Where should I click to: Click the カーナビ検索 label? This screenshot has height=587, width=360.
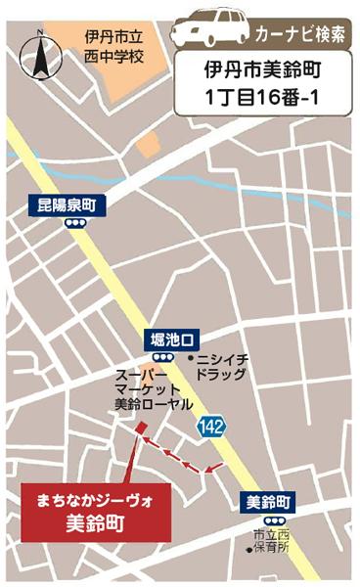pyautogui.click(x=299, y=35)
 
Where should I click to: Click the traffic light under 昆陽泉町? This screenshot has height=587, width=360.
pyautogui.click(x=73, y=222)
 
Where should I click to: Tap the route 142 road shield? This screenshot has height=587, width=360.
pyautogui.click(x=207, y=426)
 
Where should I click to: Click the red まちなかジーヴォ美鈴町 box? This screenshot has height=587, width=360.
pyautogui.click(x=97, y=509)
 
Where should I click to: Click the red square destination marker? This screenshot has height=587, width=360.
pyautogui.click(x=140, y=427)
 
